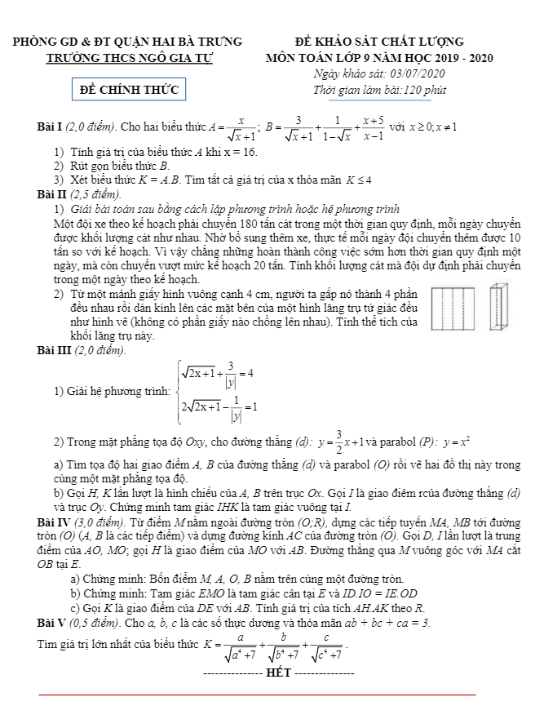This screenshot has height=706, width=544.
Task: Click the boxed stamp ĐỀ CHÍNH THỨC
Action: click(x=130, y=89)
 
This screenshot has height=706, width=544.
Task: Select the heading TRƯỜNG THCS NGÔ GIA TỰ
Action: click(x=129, y=58)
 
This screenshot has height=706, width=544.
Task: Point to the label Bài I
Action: click(x=49, y=127)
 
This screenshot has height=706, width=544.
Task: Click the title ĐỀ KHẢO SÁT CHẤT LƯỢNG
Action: click(x=379, y=42)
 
